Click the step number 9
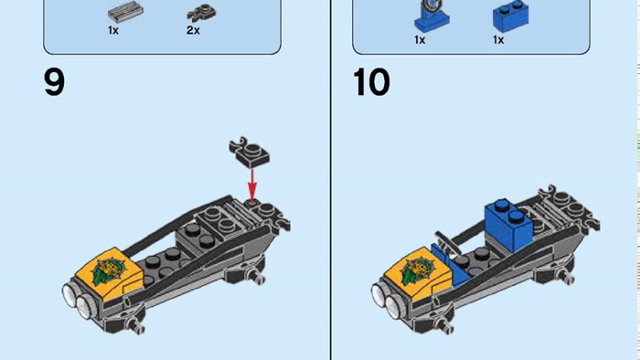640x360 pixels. [54, 83]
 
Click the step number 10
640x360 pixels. [371, 83]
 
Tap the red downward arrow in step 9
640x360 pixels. [252, 185]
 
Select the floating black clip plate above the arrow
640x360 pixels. [249, 152]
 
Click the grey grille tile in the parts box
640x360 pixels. [125, 12]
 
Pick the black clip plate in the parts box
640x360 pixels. [202, 13]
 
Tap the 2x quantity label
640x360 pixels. [193, 30]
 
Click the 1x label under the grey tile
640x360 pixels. [113, 30]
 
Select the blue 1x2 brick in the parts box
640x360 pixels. [510, 16]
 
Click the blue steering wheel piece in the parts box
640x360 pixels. [432, 16]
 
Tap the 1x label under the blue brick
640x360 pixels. [498, 40]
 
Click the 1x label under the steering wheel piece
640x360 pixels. [420, 40]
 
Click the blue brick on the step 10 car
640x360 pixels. [508, 224]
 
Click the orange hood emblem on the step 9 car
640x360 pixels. [108, 269]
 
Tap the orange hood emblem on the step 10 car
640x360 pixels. [417, 270]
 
